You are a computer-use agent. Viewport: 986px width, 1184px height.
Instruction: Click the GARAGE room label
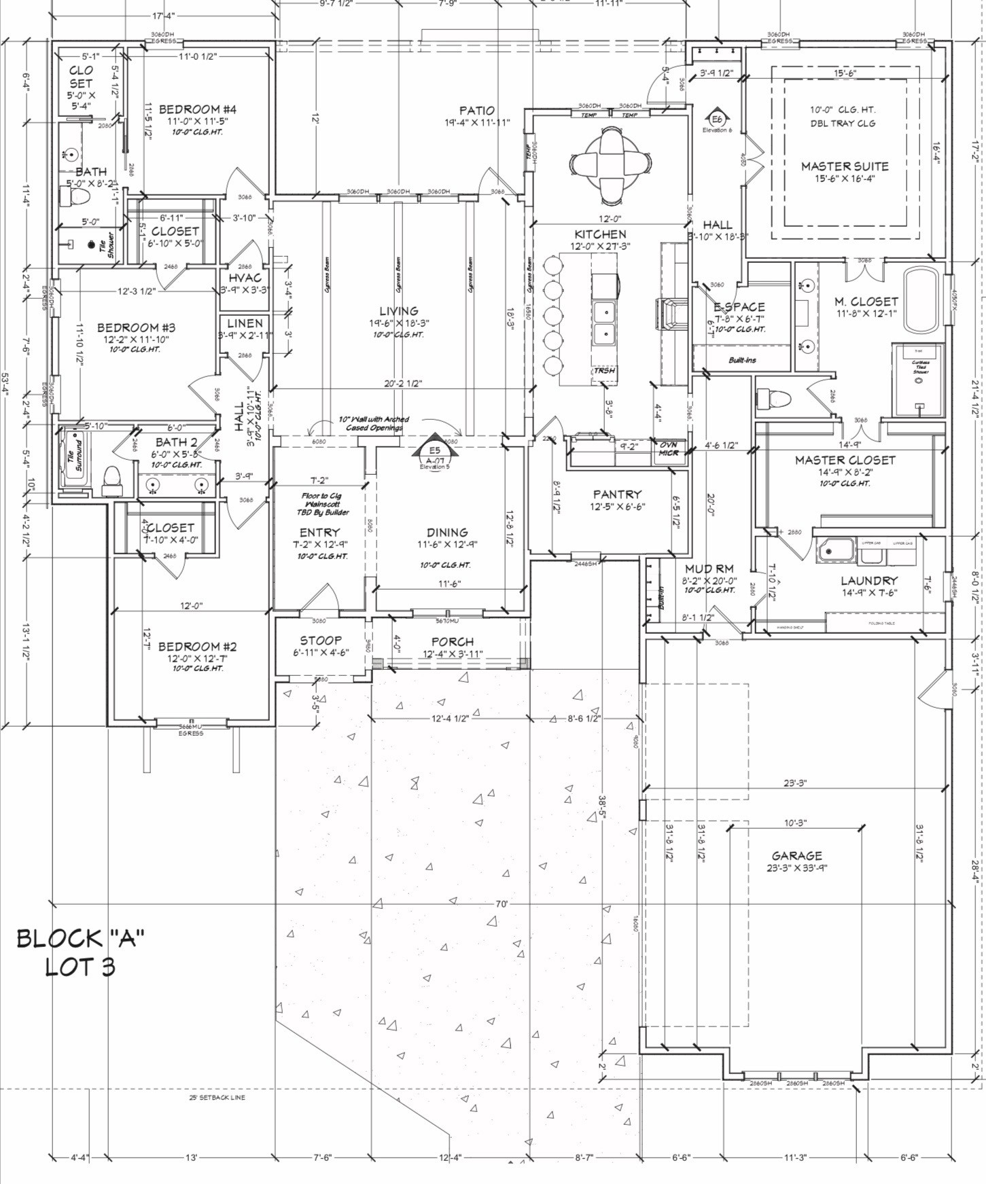pos(796,856)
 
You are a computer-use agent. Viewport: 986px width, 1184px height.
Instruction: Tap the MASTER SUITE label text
pos(845,166)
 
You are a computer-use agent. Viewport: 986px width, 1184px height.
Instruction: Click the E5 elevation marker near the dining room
pos(435,450)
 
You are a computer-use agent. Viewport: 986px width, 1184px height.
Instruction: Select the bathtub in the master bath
pos(922,301)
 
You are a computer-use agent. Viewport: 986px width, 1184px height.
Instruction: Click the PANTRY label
pos(616,495)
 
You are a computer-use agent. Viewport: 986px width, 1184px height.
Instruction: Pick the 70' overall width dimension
pos(501,904)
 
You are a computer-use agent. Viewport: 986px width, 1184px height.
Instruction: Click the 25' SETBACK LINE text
pos(217,1098)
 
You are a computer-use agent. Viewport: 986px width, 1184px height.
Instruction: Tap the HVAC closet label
pos(245,278)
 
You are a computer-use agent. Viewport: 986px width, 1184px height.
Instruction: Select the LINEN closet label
pos(245,324)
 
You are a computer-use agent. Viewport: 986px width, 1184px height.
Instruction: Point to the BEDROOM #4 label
pos(197,109)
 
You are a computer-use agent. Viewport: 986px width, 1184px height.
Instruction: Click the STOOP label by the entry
pos(321,641)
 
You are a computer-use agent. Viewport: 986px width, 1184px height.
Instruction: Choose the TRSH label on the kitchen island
pos(604,371)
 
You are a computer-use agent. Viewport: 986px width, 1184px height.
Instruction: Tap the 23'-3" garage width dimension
pos(794,783)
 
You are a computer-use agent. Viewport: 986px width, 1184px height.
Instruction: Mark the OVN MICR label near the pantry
pos(669,449)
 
